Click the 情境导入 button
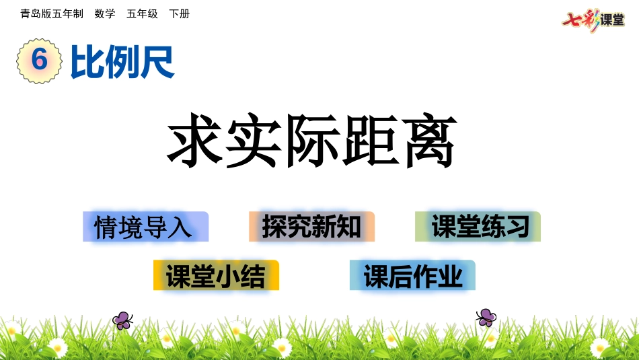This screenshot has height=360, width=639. point(145,227)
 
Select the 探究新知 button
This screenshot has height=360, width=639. point(311,227)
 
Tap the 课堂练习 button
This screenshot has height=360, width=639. point(478,227)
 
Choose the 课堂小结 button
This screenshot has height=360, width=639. point(216,275)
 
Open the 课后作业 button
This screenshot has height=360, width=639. point(412,275)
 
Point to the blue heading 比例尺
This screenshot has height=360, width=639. point(122,63)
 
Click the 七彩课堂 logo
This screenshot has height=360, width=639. point(593,19)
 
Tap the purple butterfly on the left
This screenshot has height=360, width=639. point(122,320)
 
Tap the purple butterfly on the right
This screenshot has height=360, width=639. point(486,317)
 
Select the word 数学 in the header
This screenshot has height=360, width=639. point(105,13)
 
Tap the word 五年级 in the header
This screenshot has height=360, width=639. point(142,13)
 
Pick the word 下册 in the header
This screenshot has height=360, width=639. point(179,13)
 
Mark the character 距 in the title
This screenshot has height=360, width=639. point(371,143)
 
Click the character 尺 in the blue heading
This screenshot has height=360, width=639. point(157,63)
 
